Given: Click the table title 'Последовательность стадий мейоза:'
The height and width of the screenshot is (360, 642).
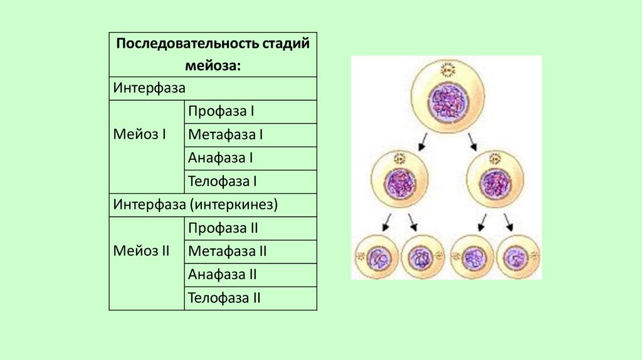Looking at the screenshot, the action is pos(213,55).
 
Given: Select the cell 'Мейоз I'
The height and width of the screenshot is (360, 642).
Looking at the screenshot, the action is pos(140,135).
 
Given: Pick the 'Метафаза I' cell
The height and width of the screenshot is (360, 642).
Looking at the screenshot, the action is pos(224,135).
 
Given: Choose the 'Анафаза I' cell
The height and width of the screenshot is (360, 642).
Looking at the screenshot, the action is pos(220,158).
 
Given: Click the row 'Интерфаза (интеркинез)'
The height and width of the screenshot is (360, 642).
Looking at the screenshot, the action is pos(195,205).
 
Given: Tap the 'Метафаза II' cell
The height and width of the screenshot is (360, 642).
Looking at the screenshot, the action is pos(227,251).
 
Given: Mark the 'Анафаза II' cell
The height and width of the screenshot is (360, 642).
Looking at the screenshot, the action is pos(223,275).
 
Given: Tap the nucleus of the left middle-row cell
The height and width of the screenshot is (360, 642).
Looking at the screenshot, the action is pos(399,184).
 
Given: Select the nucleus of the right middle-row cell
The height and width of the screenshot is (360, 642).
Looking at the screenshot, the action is pos(495,184).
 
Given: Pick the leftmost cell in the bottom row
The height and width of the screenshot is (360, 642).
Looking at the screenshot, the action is pos(376,256).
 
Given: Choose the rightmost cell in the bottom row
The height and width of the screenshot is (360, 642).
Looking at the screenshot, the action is pos(518,256).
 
